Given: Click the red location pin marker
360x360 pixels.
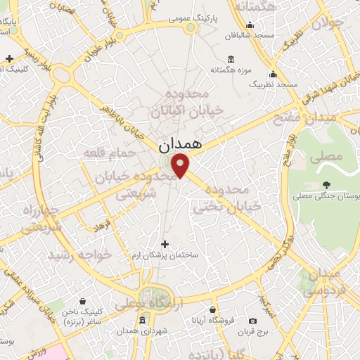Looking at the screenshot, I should tap(181, 166).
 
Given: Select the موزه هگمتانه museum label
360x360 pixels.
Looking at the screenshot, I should tap(231, 70).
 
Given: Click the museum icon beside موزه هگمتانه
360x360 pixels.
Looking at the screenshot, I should tap(231, 60).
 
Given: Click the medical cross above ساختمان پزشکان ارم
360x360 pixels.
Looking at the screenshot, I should tap(165, 244).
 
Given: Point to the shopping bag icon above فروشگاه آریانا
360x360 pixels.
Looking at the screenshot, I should tap(213, 309).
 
